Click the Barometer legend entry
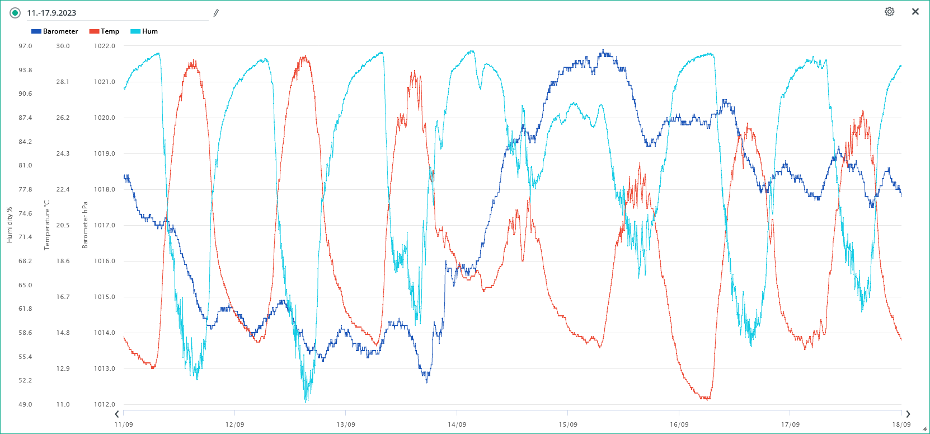pyautogui.click(x=55, y=31)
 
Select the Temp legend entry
pyautogui.click(x=105, y=31)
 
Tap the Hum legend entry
pyautogui.click(x=144, y=31)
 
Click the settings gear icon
pyautogui.click(x=889, y=12)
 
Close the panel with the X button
pyautogui.click(x=915, y=12)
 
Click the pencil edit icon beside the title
pyautogui.click(x=216, y=13)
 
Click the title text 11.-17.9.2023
pyautogui.click(x=51, y=13)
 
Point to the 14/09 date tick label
pyautogui.click(x=457, y=424)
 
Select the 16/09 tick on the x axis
pyautogui.click(x=679, y=424)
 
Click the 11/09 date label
pyautogui.click(x=124, y=424)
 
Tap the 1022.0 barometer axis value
pyautogui.click(x=105, y=46)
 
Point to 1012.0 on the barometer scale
pyautogui.click(x=105, y=404)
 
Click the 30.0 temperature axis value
pyautogui.click(x=63, y=46)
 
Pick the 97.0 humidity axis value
pyautogui.click(x=25, y=46)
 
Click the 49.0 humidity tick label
pyautogui.click(x=25, y=404)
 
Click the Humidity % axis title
pyautogui.click(x=10, y=225)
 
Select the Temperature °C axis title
pyautogui.click(x=47, y=225)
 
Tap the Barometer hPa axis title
pyautogui.click(x=85, y=225)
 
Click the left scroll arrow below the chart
pyautogui.click(x=117, y=414)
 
